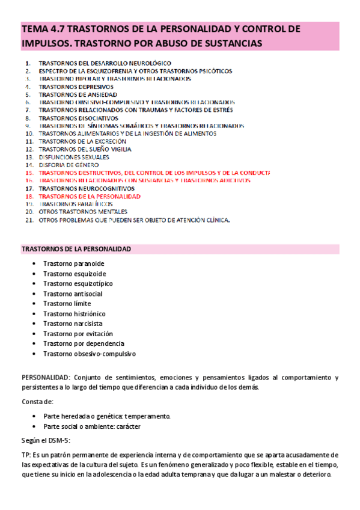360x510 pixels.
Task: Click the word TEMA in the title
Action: pyautogui.click(x=34, y=29)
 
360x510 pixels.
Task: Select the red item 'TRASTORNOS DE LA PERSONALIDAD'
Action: pyautogui.click(x=89, y=196)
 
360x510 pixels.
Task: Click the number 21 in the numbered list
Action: pyautogui.click(x=29, y=220)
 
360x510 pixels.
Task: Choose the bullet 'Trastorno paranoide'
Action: pyautogui.click(x=73, y=263)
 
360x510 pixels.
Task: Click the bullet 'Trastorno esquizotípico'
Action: pyautogui.click(x=78, y=283)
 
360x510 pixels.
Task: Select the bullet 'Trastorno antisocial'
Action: pyautogui.click(x=73, y=293)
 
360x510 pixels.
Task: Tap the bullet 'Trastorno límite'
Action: pyautogui.click(x=67, y=304)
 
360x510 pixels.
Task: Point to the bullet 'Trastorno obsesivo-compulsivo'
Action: pyautogui.click(x=89, y=354)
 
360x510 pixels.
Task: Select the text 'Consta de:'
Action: pyautogui.click(x=37, y=401)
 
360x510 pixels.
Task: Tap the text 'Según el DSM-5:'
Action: pyautogui.click(x=46, y=440)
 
